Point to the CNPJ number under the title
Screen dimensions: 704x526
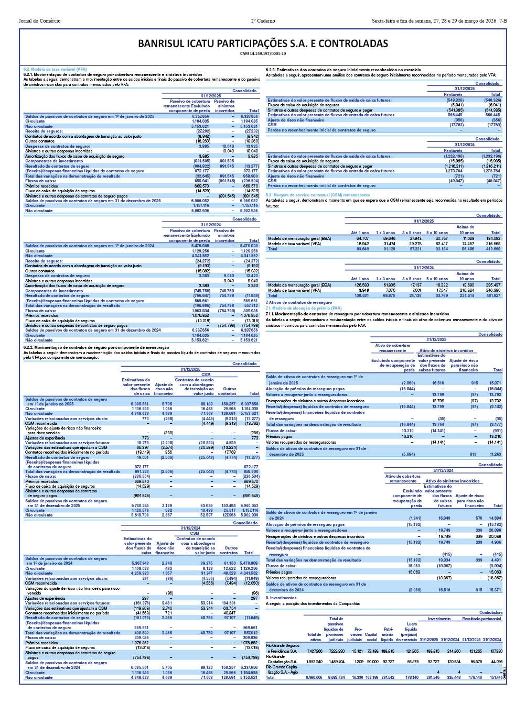click(263, 53)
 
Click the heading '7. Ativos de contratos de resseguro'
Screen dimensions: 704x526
click(299, 302)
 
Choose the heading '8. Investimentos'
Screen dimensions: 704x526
click(282, 597)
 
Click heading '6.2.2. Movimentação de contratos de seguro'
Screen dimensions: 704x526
click(96, 347)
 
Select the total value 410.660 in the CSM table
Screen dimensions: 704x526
click(495, 249)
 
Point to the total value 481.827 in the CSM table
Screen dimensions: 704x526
click(495, 295)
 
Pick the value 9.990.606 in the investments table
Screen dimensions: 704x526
click(314, 678)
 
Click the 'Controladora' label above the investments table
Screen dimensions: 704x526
click(490, 612)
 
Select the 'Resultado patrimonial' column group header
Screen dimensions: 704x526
click(481, 619)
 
